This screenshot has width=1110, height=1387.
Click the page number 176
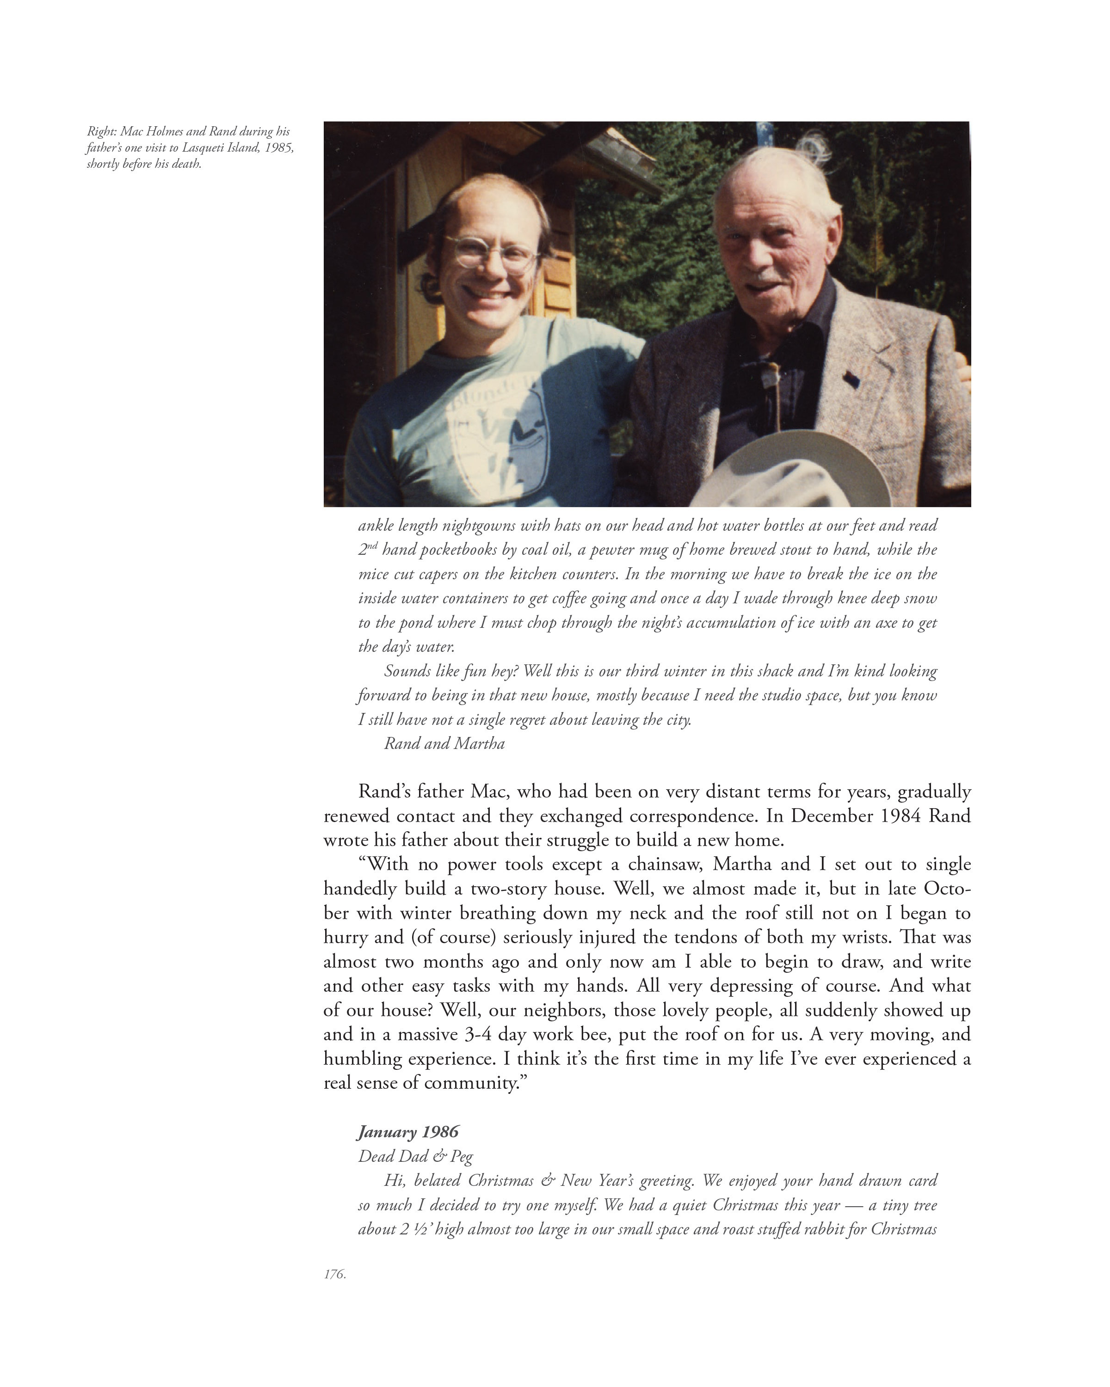[x=334, y=1274]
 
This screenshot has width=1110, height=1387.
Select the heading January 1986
[x=408, y=1132]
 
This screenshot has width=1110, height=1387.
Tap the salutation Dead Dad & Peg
[x=415, y=1156]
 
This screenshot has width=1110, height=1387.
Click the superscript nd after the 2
[x=372, y=546]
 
